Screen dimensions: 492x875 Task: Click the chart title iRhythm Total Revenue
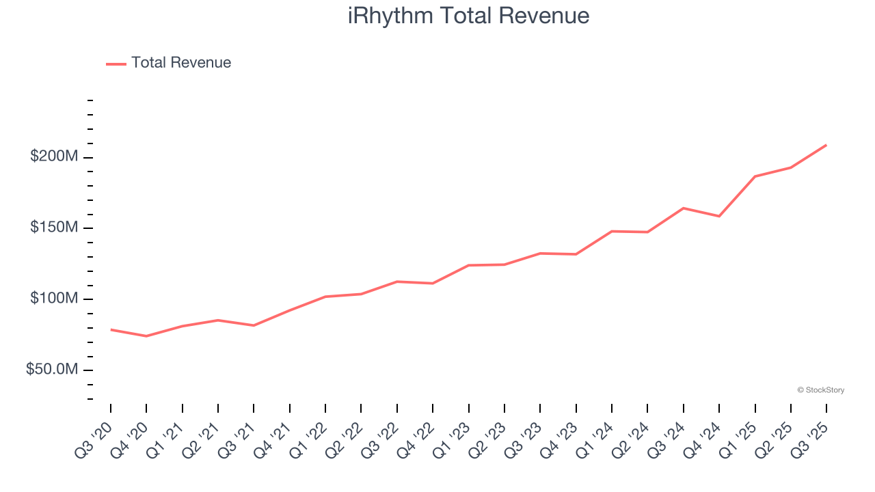point(468,15)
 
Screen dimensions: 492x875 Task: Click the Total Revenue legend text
point(181,63)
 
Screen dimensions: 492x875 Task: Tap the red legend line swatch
point(116,64)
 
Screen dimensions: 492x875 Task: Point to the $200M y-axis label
point(54,156)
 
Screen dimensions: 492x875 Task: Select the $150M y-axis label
point(54,228)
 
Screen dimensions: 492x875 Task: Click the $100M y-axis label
point(54,299)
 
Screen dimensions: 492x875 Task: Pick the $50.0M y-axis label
point(52,370)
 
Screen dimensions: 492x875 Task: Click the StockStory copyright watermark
point(820,390)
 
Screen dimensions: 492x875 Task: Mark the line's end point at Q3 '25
point(826,145)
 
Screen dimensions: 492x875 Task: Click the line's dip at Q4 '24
point(719,216)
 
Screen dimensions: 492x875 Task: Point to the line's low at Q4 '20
point(146,336)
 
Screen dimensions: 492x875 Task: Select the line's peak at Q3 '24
point(684,208)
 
